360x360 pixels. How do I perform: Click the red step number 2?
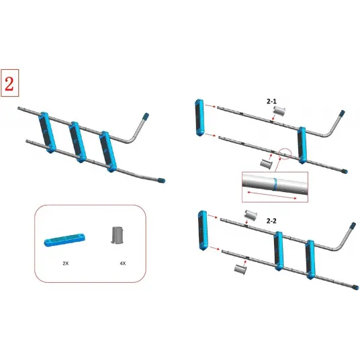(9, 83)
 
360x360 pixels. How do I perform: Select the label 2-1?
(271, 101)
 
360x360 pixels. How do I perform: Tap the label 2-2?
(271, 221)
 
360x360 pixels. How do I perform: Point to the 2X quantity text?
(66, 263)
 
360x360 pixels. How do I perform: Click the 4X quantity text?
(123, 263)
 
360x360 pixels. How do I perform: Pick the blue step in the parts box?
(64, 240)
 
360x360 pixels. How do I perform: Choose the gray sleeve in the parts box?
(118, 235)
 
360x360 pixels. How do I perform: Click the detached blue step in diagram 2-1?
(199, 118)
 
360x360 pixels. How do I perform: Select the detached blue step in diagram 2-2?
(203, 230)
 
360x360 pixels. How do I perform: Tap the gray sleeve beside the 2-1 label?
(279, 111)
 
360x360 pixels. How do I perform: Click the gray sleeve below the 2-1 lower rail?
(267, 164)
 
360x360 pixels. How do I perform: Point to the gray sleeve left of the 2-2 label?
(251, 215)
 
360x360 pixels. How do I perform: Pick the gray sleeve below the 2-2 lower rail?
(240, 269)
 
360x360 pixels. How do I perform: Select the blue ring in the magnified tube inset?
(275, 184)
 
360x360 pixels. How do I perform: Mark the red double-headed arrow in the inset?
(272, 195)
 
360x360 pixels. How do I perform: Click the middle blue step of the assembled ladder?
(78, 142)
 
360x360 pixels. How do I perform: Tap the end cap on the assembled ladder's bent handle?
(146, 116)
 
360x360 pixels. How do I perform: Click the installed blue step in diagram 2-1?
(302, 145)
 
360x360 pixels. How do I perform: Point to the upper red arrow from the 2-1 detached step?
(210, 106)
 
